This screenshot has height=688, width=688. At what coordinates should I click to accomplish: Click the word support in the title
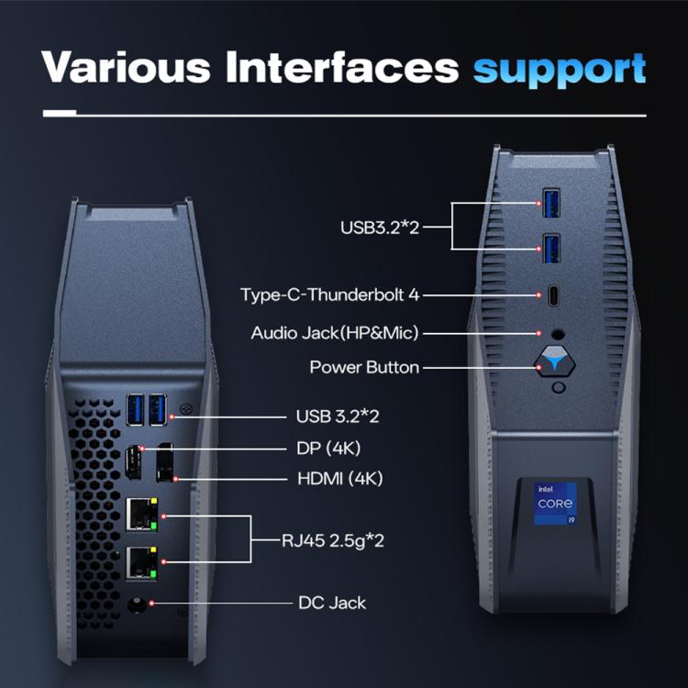coord(560,69)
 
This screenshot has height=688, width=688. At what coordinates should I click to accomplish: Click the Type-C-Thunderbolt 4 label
coord(330,295)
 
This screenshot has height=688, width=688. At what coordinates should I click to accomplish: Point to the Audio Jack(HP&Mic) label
coord(335,332)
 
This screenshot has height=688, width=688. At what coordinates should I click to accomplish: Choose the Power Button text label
coord(364,367)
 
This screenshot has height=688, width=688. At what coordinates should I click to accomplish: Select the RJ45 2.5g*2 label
coord(332,540)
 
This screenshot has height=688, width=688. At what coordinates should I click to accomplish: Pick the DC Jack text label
coord(332,603)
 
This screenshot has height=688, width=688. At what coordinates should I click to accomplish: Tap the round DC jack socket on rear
coord(136,604)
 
